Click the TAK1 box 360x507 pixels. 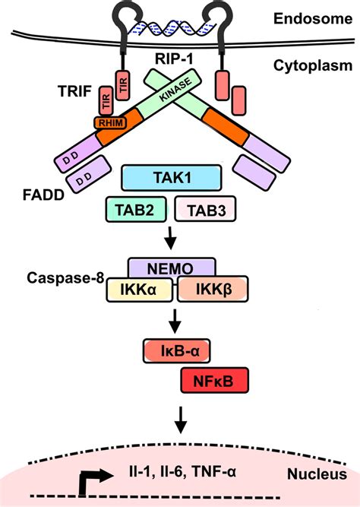pyautogui.click(x=172, y=178)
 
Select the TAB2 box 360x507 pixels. pyautogui.click(x=136, y=210)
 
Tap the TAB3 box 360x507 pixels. pyautogui.click(x=205, y=209)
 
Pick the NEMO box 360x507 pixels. pyautogui.click(x=172, y=268)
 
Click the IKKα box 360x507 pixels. pyautogui.click(x=139, y=290)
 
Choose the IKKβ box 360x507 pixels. pyautogui.click(x=213, y=289)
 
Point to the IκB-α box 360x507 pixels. pyautogui.click(x=177, y=351)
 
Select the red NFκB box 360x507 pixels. pyautogui.click(x=215, y=380)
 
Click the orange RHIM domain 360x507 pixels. pyautogui.click(x=110, y=122)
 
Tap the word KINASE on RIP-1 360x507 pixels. pyautogui.click(x=175, y=90)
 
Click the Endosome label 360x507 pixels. pyautogui.click(x=313, y=18)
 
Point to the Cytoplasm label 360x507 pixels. pyautogui.click(x=313, y=66)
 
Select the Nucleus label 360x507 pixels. pyautogui.click(x=317, y=474)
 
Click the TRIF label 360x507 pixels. pyautogui.click(x=74, y=91)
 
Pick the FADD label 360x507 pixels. pyautogui.click(x=43, y=195)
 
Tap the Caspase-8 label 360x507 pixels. pyautogui.click(x=65, y=277)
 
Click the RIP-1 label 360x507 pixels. pyautogui.click(x=174, y=59)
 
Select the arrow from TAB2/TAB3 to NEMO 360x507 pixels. pyautogui.click(x=170, y=238)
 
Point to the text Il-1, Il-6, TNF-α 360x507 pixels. pyautogui.click(x=182, y=472)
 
